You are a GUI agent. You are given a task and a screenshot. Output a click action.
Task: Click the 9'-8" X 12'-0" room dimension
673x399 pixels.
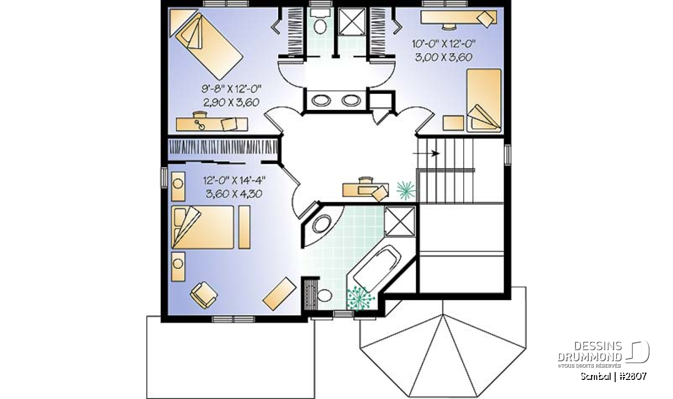tap(231, 89)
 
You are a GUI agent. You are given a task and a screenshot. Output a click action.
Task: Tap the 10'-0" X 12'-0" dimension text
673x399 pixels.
tap(444, 44)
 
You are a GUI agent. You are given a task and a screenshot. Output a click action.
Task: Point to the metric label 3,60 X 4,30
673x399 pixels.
tap(234, 194)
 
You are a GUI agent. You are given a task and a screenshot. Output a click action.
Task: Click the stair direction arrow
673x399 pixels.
tap(426, 153)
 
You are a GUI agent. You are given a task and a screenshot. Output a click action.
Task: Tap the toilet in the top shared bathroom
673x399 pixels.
tap(320, 21)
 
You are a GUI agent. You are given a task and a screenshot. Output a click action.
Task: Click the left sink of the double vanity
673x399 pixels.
tap(321, 100)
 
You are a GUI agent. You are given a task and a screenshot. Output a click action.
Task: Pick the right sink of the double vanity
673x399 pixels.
tap(351, 100)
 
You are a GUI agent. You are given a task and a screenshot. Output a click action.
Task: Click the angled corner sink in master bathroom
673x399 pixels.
tap(322, 224)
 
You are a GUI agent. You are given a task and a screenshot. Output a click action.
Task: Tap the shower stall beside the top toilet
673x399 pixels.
tap(352, 22)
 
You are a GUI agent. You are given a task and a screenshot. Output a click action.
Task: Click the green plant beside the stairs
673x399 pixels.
tap(406, 191)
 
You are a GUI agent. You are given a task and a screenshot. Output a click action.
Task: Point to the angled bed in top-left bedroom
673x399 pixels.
tap(209, 47)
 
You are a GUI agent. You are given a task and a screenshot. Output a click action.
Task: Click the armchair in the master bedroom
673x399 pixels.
tap(204, 295)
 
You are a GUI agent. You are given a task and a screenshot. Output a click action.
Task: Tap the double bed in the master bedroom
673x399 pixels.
tap(202, 227)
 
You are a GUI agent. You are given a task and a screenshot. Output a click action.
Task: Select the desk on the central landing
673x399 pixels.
tap(365, 190)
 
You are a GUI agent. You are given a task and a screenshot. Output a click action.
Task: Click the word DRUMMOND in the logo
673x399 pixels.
tap(589, 357)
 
